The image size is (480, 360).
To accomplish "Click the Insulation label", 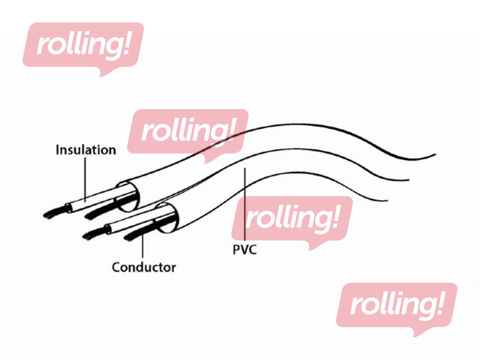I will [x=86, y=150].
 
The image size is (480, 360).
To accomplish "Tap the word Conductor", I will [x=144, y=267].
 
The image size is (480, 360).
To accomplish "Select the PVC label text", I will [x=244, y=249].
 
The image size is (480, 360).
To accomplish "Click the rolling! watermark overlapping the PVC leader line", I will [x=292, y=219].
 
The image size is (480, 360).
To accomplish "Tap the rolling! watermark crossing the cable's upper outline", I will [x=187, y=131].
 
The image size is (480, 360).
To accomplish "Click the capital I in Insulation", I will [x=57, y=150].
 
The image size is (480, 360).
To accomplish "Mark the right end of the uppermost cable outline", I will [x=435, y=154].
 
